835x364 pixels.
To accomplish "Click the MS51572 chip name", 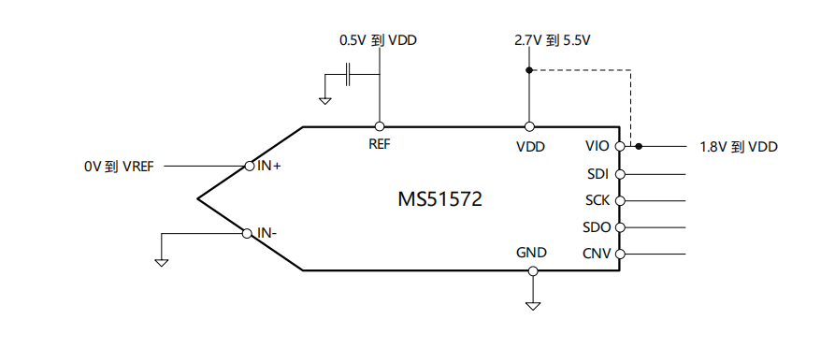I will [x=440, y=199].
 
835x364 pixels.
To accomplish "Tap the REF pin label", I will [x=380, y=144].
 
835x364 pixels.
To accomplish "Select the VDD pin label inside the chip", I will [x=530, y=146].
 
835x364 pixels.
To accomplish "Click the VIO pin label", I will [x=597, y=146].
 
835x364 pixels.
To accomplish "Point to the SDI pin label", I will [x=597, y=174].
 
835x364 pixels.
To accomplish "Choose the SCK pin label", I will [x=597, y=200].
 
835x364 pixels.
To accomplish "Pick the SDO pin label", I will [x=597, y=227].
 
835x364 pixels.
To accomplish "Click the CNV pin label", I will [x=597, y=254].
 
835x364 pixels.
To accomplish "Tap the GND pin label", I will [x=531, y=253].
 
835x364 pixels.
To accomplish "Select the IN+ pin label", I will [x=269, y=166].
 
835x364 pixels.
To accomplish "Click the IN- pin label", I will [x=266, y=232].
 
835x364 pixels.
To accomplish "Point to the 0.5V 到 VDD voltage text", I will [x=378, y=41].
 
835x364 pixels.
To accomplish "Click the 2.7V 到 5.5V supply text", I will [x=554, y=41].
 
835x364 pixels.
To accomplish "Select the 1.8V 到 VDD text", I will [x=739, y=147].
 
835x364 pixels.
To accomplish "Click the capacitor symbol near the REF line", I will [x=348, y=74].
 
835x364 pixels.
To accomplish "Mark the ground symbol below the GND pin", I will [x=533, y=305].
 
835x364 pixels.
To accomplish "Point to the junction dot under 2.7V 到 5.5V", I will [x=529, y=70].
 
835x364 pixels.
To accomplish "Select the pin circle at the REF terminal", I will [x=380, y=126].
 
